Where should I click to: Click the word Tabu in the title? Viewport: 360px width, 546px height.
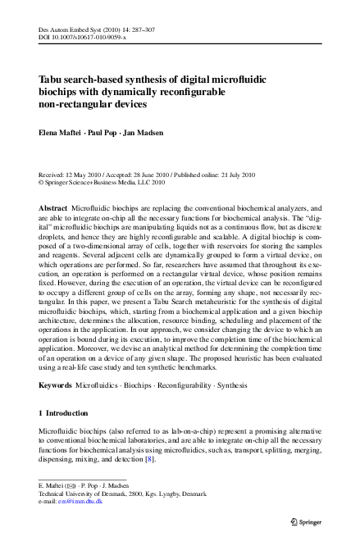point(53,80)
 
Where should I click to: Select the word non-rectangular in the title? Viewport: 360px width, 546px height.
point(74,104)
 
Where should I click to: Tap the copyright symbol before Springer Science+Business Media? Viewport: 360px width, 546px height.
point(42,184)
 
